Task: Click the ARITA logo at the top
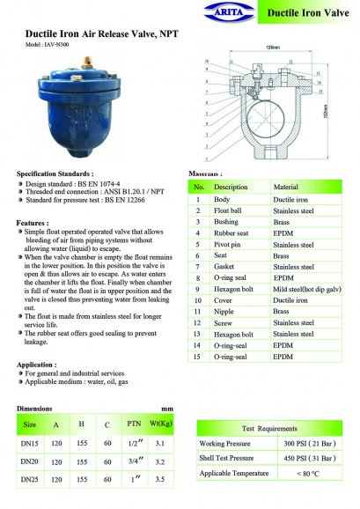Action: (224, 12)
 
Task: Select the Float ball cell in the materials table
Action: (231, 212)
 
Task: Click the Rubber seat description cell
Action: (233, 237)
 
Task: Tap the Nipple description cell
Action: (226, 313)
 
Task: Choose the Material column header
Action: (287, 188)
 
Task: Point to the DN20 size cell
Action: (30, 461)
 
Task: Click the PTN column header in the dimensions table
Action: (135, 424)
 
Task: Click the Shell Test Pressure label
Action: (226, 458)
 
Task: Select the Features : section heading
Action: (33, 223)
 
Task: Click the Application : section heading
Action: (37, 364)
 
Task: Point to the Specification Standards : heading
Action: (55, 174)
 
